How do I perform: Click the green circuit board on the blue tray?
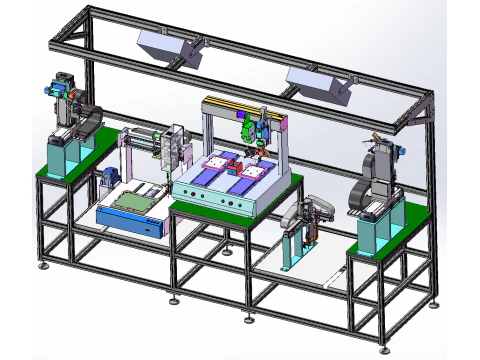(136, 203)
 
